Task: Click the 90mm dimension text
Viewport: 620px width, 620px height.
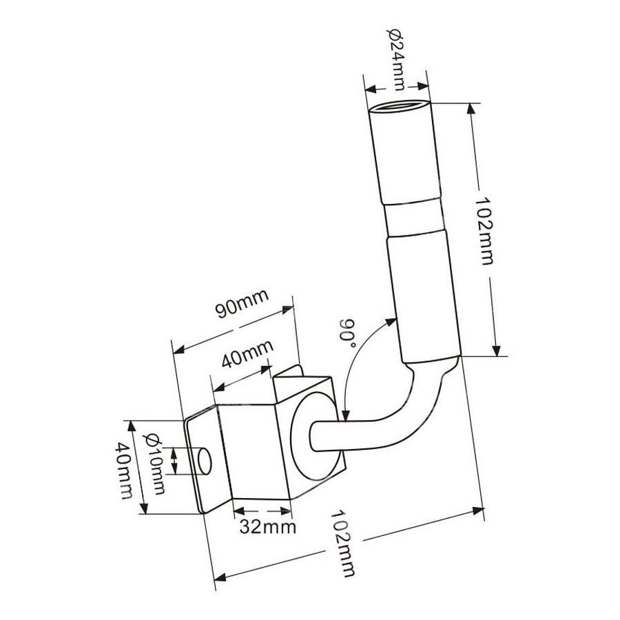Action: tap(242, 304)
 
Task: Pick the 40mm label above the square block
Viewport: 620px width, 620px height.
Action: tap(247, 353)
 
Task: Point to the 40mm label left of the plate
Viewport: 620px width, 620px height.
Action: tap(124, 471)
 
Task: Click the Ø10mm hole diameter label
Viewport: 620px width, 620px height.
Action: tap(154, 464)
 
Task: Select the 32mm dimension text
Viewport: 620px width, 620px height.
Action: tap(268, 527)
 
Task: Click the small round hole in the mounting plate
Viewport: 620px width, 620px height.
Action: tap(205, 461)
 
